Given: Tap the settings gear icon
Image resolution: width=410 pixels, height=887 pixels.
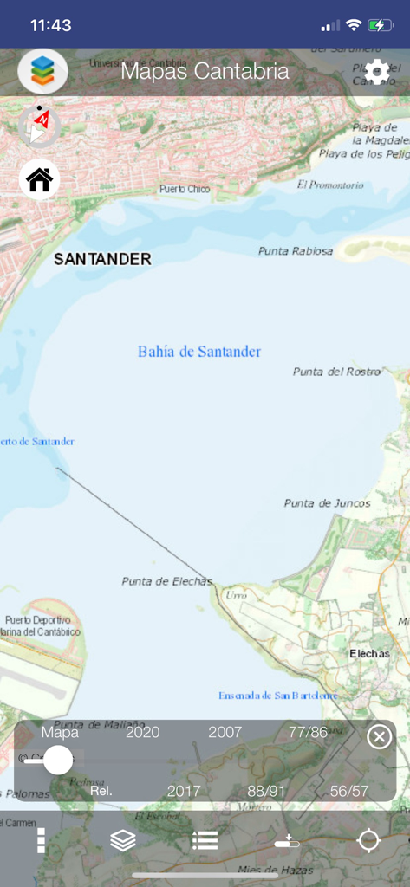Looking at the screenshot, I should pos(377,72).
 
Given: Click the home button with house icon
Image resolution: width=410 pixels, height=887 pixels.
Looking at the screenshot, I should pos(40,179).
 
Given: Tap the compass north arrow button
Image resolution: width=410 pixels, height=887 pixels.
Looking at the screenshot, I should pos(39,126).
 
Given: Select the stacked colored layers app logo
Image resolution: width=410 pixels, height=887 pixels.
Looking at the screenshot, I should pos(42,71).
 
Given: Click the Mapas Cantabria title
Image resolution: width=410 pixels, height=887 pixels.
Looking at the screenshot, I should pos(205,71).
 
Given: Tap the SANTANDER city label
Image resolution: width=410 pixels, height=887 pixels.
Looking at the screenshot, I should pos(102,258).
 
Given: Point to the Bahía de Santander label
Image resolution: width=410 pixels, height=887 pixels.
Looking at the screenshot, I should pos(199,351).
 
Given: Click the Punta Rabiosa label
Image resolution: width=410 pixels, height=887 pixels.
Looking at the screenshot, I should pos(296,251).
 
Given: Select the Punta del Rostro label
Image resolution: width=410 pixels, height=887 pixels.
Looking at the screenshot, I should pos(336,372).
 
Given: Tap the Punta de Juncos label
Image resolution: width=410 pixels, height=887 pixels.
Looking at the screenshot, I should pos(327,503).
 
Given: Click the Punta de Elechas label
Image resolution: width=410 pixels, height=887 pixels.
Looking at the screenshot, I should pos(166,581).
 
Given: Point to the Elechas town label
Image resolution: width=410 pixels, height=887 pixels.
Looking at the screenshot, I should pos(369,653).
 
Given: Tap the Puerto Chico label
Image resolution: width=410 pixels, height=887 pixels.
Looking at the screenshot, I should pos(185,189).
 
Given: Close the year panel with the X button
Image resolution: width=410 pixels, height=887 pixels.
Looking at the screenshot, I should pos(379,737).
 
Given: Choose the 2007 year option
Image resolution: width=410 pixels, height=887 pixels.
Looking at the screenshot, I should pos(225,732).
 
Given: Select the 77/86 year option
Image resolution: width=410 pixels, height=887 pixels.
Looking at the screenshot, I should pos(308,732).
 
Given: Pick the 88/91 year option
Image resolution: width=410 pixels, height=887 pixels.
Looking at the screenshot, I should pos(266,791).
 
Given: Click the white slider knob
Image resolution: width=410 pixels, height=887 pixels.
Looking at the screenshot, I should pos(58,760).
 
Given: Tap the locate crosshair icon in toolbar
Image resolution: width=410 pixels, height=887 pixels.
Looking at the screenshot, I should pos(369,840).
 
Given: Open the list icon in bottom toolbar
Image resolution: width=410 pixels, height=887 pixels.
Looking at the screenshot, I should pos(205,840).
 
